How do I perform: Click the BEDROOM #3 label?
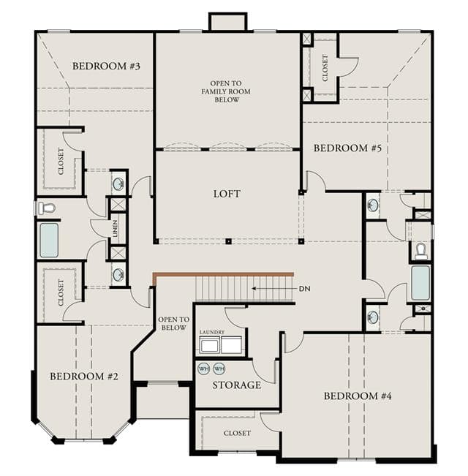coord(106,67)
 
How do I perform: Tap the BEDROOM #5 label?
coord(347,148)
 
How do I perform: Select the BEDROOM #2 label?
coord(84,377)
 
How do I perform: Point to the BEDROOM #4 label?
coord(358,396)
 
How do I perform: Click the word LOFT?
coord(227,194)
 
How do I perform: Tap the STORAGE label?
coord(236,385)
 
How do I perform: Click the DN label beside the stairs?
coord(305,289)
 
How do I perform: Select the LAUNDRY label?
coord(212,332)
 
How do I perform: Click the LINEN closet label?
coord(115,229)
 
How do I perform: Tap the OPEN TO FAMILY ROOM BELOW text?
coord(226,91)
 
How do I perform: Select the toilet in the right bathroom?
coord(421,251)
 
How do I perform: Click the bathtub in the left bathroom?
coord(49,240)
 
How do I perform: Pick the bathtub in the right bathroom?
coord(420,283)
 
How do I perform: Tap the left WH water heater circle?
coord(203,369)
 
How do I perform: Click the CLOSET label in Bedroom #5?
coord(325,68)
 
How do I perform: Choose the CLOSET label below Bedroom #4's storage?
coord(237,433)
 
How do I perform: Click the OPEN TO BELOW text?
coord(173,324)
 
